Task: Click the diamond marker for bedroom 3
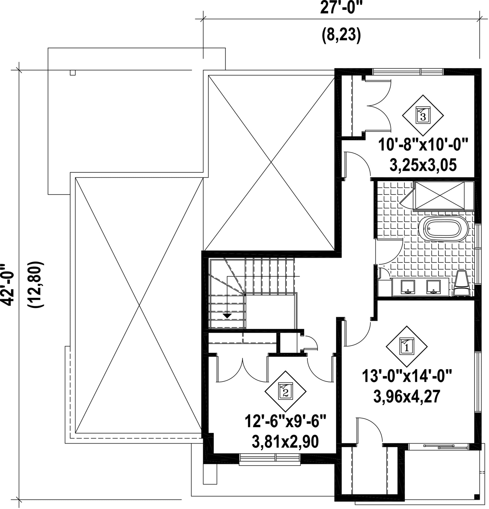tap(423, 115)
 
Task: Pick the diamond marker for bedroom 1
tap(407, 346)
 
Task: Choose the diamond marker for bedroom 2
tap(285, 391)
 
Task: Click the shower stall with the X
tap(443, 196)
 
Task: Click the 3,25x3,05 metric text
tap(423, 165)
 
